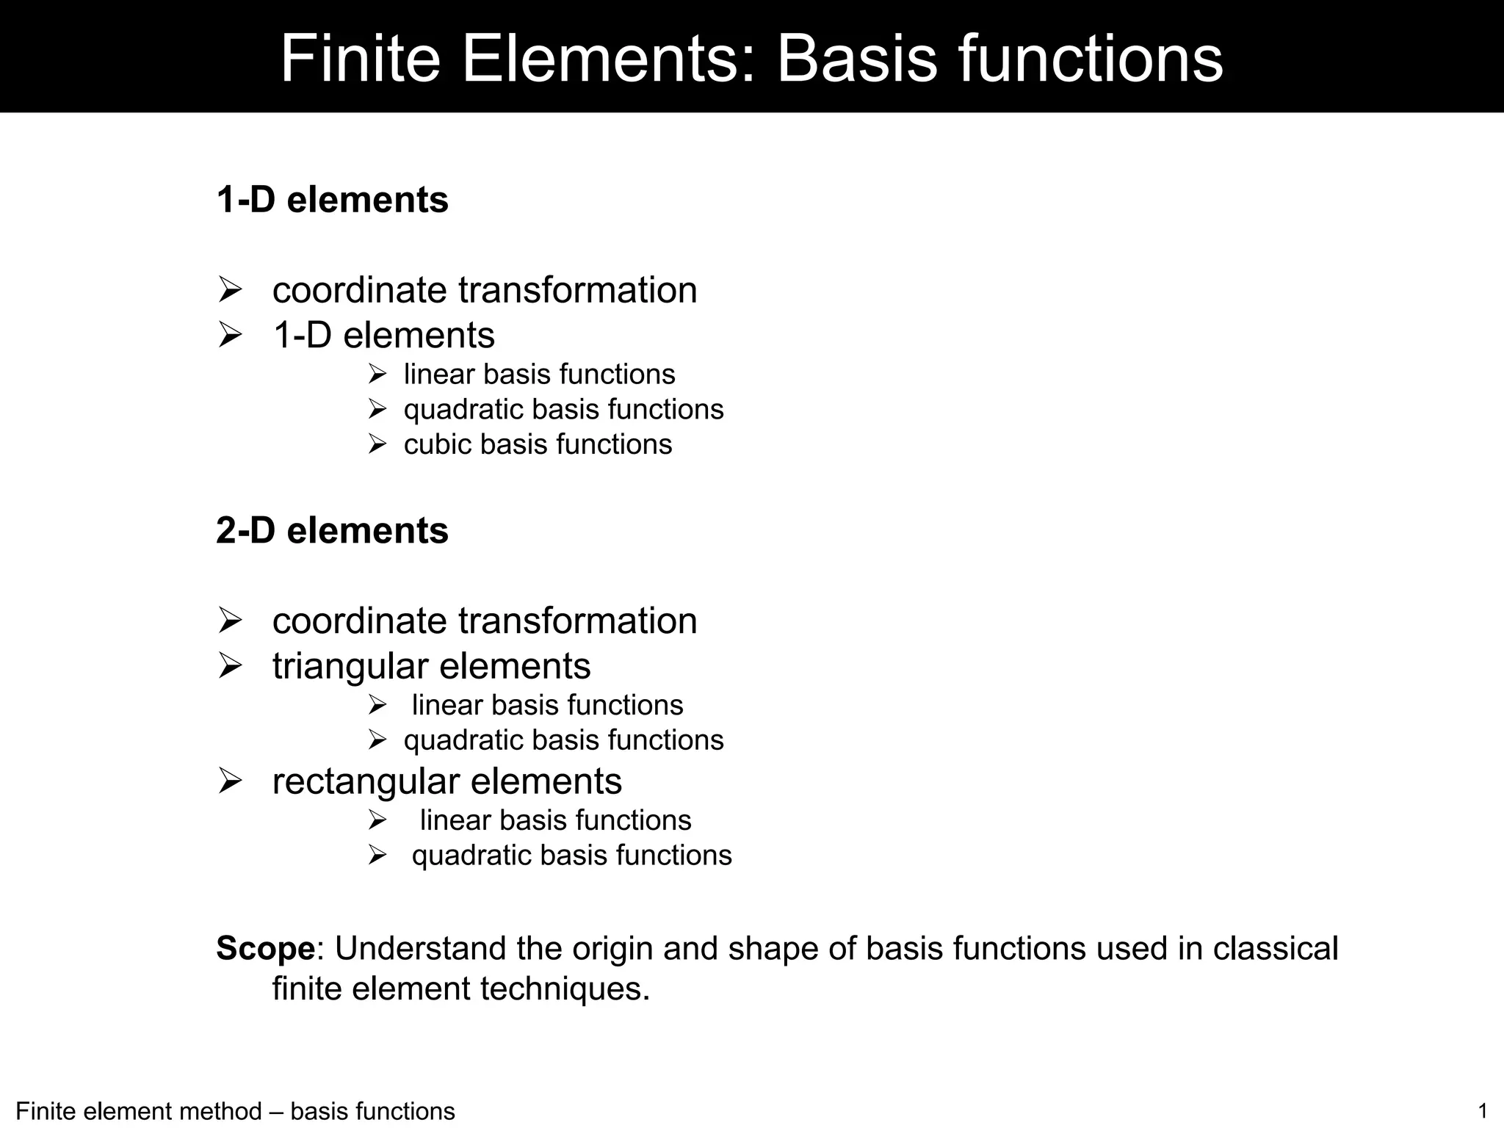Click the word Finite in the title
tap(360, 59)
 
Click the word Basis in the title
tap(856, 59)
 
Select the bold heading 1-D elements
tap(332, 200)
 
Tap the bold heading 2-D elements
tap(332, 530)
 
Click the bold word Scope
tap(265, 948)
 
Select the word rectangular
tap(364, 781)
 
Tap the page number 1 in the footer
tap(1482, 1110)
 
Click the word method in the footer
tap(223, 1111)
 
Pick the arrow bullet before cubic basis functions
tap(377, 444)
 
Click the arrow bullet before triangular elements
tap(230, 666)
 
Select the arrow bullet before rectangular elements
tap(230, 781)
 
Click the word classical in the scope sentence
tap(1276, 948)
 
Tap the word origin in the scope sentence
tap(612, 948)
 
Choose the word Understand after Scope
tap(421, 948)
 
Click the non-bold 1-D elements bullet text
tap(383, 336)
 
